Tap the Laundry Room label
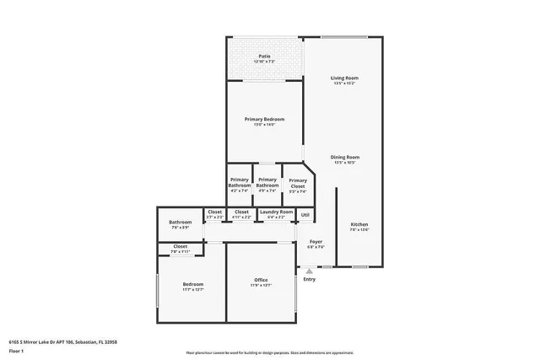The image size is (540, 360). tap(276, 213)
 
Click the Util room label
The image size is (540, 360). tap(305, 214)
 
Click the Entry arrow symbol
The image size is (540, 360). tap(310, 271)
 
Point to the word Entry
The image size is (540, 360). tap(310, 279)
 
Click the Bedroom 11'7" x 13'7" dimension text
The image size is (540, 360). tap(193, 289)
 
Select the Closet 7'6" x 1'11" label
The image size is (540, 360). tap(181, 249)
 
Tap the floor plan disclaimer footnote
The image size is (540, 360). tap(270, 351)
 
